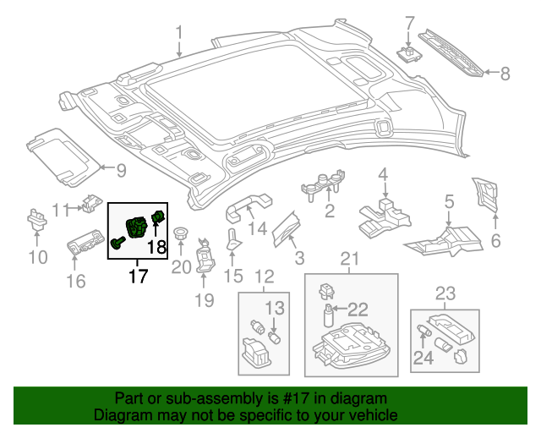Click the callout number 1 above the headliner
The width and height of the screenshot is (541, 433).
point(179,33)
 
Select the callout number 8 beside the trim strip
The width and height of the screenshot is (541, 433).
point(505,74)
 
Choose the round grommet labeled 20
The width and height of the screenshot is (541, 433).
point(179,233)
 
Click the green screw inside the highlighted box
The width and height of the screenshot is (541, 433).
point(117,242)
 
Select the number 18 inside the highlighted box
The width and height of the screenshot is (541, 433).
point(157,247)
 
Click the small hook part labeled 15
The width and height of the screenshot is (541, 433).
point(233,239)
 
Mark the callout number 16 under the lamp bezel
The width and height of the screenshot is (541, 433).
point(76,281)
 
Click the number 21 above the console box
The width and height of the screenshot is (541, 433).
point(350,259)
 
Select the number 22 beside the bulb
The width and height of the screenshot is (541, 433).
point(358,310)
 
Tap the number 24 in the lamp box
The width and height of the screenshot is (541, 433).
point(423,358)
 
